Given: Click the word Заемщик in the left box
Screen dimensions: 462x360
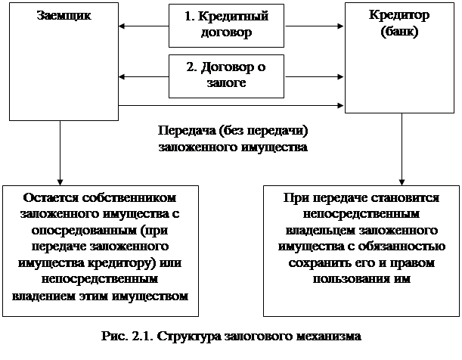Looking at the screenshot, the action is (x=64, y=16).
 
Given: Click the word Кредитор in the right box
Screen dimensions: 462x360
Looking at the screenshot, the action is (x=399, y=15).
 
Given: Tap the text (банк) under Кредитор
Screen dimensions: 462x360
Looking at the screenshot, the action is (x=399, y=32).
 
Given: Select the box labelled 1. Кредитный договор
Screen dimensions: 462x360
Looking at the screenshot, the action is (x=226, y=26).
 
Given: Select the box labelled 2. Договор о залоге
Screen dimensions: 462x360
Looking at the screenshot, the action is (x=226, y=76).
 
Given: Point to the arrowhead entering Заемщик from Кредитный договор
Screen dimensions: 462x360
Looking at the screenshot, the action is (x=122, y=26).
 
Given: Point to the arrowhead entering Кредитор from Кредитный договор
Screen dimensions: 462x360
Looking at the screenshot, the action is (x=340, y=26).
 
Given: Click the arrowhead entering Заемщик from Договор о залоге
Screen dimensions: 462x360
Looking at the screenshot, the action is (x=122, y=77).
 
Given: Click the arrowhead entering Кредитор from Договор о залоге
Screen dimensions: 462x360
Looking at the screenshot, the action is (x=340, y=77).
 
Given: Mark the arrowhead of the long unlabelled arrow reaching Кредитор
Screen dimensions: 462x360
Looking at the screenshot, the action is (x=340, y=105).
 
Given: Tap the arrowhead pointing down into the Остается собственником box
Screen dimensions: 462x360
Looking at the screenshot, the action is (x=60, y=182).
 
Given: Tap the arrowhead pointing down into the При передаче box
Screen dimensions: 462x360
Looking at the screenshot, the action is (x=402, y=182).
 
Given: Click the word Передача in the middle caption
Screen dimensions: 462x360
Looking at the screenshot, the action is (x=187, y=131).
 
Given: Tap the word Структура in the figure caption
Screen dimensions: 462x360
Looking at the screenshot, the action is (x=188, y=337).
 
